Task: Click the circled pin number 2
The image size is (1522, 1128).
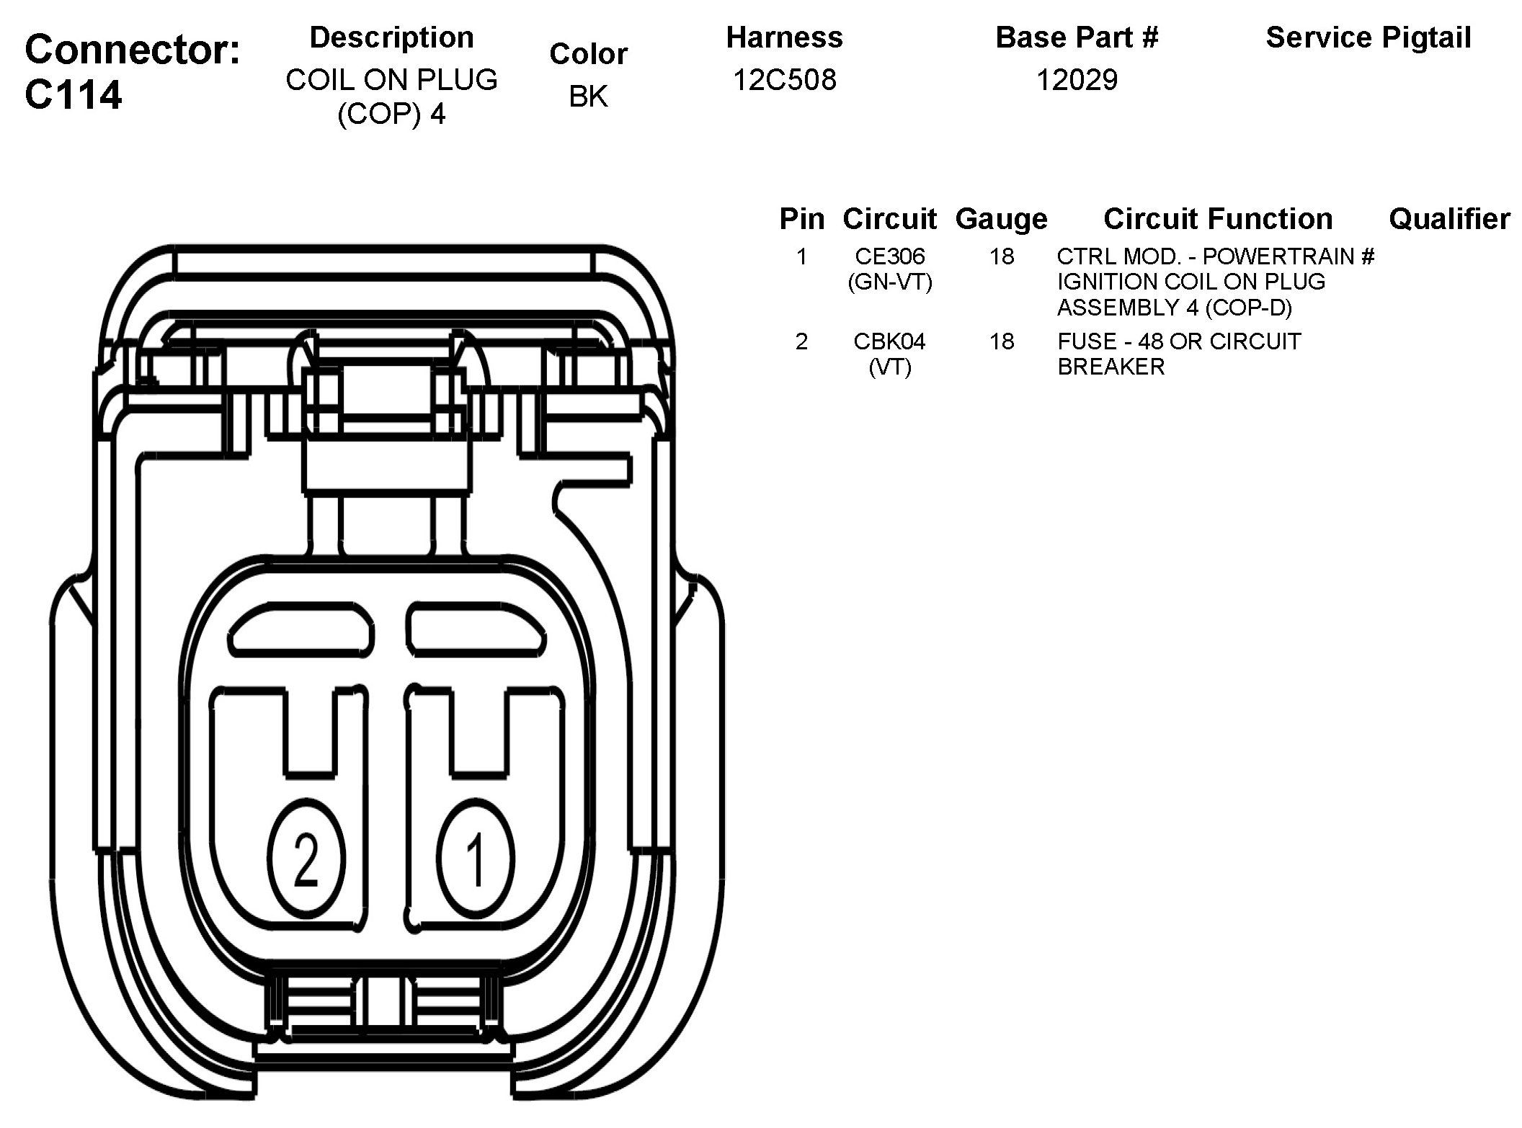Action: click(x=306, y=859)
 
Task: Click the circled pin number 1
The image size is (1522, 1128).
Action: click(x=476, y=859)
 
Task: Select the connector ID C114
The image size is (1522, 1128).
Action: click(x=74, y=94)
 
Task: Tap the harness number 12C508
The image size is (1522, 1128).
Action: click(x=784, y=79)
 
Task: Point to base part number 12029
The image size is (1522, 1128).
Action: click(x=1077, y=79)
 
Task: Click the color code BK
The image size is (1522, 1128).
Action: click(x=588, y=97)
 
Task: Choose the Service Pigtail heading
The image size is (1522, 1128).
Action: click(x=1368, y=37)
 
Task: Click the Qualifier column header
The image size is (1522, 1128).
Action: click(x=1448, y=218)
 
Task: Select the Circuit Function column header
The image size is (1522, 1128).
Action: click(x=1218, y=218)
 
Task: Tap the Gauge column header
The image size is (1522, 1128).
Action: click(x=1001, y=218)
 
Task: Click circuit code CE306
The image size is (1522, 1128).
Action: click(x=890, y=256)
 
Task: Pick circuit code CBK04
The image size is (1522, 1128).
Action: click(x=890, y=341)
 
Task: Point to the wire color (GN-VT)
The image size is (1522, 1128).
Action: click(x=890, y=282)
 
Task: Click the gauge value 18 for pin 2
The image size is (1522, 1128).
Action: click(x=1002, y=341)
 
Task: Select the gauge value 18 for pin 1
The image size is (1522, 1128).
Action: click(x=1002, y=256)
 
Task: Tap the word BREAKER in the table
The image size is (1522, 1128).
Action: click(x=1111, y=367)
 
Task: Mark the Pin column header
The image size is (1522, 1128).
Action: click(x=801, y=218)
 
